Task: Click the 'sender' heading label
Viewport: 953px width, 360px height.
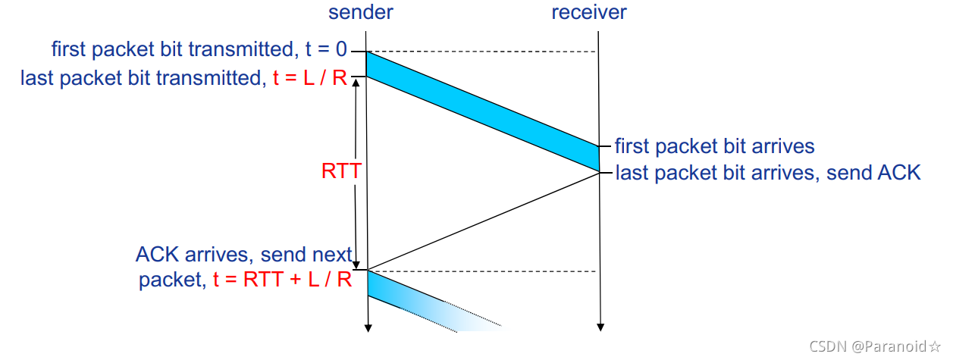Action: click(360, 12)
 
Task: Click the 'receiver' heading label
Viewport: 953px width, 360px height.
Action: click(588, 12)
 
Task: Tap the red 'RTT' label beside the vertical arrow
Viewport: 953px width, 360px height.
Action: click(340, 171)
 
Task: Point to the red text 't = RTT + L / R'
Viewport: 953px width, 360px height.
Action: click(282, 280)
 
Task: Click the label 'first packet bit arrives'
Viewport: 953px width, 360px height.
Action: click(714, 146)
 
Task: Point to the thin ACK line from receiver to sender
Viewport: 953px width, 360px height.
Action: click(483, 221)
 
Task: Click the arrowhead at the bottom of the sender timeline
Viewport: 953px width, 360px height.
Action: click(367, 327)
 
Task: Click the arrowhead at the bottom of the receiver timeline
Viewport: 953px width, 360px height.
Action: click(600, 327)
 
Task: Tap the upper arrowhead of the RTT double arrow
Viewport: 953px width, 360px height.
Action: click(356, 83)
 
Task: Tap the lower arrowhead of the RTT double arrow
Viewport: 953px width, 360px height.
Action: click(356, 265)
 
